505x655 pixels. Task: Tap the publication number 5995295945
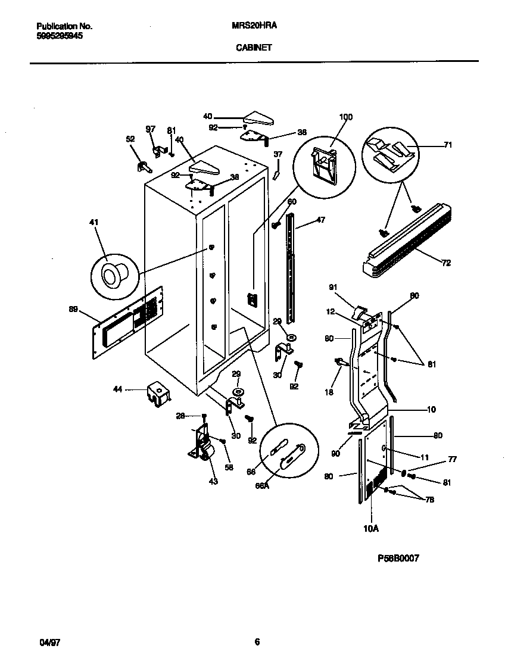click(60, 36)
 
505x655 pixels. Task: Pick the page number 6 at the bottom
click(257, 641)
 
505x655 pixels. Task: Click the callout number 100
click(345, 117)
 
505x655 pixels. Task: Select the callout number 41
click(93, 222)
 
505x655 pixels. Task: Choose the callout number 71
click(448, 145)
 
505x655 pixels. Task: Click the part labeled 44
click(158, 394)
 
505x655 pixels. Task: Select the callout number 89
click(73, 308)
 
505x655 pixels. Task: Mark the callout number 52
click(130, 139)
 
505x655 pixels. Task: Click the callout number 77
click(453, 460)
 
